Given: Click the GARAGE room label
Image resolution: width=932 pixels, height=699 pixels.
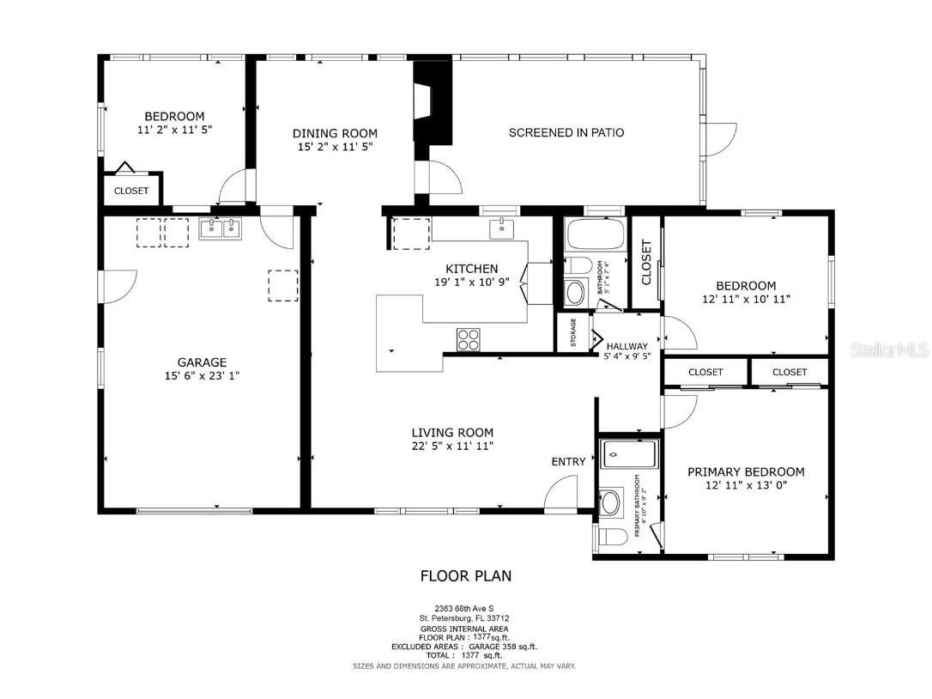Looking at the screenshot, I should tap(202, 362).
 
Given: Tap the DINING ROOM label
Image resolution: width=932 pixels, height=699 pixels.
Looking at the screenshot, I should tap(335, 133).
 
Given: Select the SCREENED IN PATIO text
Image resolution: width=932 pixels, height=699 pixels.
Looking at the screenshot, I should tap(566, 132).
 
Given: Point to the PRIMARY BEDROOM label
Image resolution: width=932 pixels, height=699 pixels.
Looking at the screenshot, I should tap(746, 471).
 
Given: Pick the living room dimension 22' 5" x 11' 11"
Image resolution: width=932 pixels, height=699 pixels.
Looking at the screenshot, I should tap(451, 446).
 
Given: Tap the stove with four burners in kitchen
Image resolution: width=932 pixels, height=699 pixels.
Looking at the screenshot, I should tap(468, 340).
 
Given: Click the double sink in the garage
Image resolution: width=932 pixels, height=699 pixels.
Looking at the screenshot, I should tap(221, 228).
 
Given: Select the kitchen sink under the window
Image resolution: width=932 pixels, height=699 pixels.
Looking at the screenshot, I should tap(501, 228).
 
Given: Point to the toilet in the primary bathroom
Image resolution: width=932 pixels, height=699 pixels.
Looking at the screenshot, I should tap(612, 538).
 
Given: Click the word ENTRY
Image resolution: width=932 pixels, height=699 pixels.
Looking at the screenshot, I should tap(568, 462).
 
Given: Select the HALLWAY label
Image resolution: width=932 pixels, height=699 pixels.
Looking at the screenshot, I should tap(626, 346).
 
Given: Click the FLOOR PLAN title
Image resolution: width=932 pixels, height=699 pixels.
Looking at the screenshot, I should tap(465, 576).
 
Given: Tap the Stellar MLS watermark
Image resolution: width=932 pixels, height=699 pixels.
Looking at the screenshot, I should tap(887, 350).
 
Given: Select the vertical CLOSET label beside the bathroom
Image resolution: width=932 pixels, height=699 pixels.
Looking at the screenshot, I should tap(646, 262).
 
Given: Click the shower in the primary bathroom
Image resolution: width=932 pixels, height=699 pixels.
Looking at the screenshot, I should tap(628, 453).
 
